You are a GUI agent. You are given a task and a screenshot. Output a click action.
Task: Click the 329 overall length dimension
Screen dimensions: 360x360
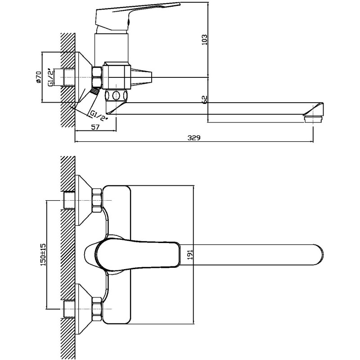pos(194,138)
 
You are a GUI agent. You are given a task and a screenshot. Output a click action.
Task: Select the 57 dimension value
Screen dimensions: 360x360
pos(95,127)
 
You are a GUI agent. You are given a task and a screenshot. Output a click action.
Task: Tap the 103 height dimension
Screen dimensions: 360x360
pos(204,40)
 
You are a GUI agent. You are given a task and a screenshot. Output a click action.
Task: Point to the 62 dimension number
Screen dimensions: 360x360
pos(205,100)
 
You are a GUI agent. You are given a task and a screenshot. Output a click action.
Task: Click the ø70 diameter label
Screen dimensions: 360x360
pos(38,77)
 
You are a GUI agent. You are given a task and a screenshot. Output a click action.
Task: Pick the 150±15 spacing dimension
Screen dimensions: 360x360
pos(43,255)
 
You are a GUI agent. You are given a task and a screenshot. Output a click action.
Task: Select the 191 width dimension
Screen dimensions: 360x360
pos(190,254)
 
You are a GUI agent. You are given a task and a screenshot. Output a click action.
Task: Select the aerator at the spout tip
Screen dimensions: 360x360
pos(313,119)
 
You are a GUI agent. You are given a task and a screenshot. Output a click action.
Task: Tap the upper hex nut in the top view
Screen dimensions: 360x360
pos(97,200)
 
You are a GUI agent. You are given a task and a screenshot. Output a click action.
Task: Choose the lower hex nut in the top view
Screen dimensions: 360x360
pos(97,309)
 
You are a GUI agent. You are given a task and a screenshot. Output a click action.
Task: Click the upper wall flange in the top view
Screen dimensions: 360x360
pos(83,200)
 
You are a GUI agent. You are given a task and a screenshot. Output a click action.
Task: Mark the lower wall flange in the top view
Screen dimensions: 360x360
pos(83,309)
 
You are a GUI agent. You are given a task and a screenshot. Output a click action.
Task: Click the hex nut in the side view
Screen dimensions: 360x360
pos(97,77)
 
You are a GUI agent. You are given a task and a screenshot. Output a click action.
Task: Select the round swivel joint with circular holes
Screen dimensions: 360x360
pos(116,95)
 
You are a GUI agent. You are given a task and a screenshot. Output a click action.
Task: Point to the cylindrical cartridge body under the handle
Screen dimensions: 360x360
pos(112,48)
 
